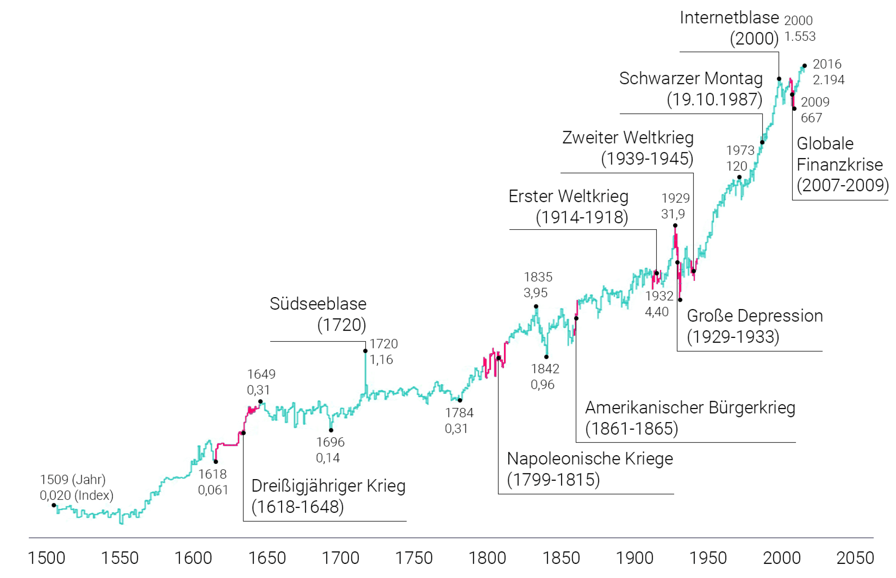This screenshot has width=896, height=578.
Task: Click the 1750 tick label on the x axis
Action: tap(413, 558)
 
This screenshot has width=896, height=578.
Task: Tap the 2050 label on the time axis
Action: tap(855, 558)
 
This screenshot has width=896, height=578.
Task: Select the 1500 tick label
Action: tap(47, 558)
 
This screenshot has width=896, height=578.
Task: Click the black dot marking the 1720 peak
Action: tap(365, 351)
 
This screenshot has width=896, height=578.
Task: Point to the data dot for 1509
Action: tap(54, 505)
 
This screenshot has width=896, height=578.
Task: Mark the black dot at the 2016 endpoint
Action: tap(804, 66)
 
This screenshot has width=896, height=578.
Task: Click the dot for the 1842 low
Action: tap(546, 357)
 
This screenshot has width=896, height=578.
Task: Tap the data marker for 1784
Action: tap(460, 400)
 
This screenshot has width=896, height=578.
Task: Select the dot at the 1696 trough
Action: tap(331, 430)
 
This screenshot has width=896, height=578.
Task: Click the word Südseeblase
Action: tap(318, 304)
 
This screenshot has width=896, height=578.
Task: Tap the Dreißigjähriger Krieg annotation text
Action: tap(328, 486)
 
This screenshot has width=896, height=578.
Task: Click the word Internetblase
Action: tap(729, 18)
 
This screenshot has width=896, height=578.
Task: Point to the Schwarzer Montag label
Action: tap(690, 78)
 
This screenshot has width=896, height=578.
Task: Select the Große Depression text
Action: tap(754, 316)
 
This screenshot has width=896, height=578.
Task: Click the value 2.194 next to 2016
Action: tap(828, 80)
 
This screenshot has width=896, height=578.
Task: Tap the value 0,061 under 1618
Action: tap(213, 490)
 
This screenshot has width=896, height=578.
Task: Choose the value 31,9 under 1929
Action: tap(673, 214)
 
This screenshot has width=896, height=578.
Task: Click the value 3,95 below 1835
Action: tap(535, 293)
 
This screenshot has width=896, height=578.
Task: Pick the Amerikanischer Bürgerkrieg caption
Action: tap(690, 408)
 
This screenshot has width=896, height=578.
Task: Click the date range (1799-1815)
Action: tap(553, 480)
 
